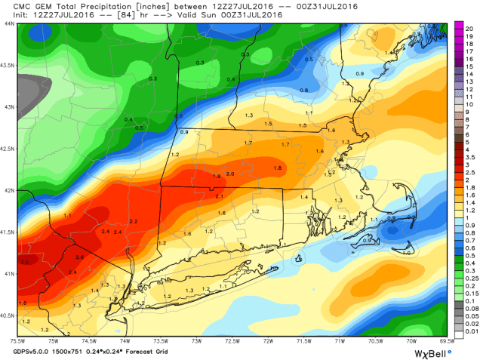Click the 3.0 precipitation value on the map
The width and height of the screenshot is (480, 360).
tap(25, 262)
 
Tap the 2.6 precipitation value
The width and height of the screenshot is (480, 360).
tap(79, 258)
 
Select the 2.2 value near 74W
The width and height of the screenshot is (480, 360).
tap(134, 220)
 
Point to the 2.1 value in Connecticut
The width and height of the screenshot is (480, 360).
tap(220, 196)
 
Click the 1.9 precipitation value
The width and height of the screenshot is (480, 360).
tap(217, 176)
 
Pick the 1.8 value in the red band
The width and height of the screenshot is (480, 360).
tap(277, 168)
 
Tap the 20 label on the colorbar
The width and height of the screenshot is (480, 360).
tap(469, 27)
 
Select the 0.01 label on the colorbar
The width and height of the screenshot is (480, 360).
tap(470, 332)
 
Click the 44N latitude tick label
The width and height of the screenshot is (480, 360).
tap(9, 23)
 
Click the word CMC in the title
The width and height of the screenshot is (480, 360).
tap(13, 5)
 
